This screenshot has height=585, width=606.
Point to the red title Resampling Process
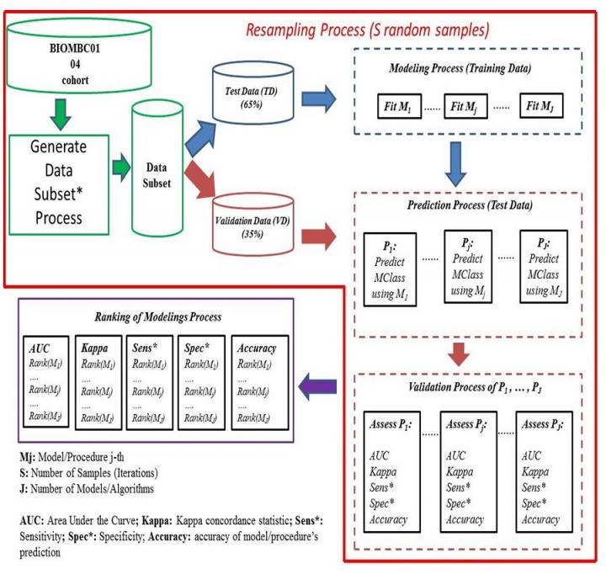[369, 32]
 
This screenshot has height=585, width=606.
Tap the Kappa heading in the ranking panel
[94, 348]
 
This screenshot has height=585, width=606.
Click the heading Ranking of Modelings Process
[151, 316]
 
